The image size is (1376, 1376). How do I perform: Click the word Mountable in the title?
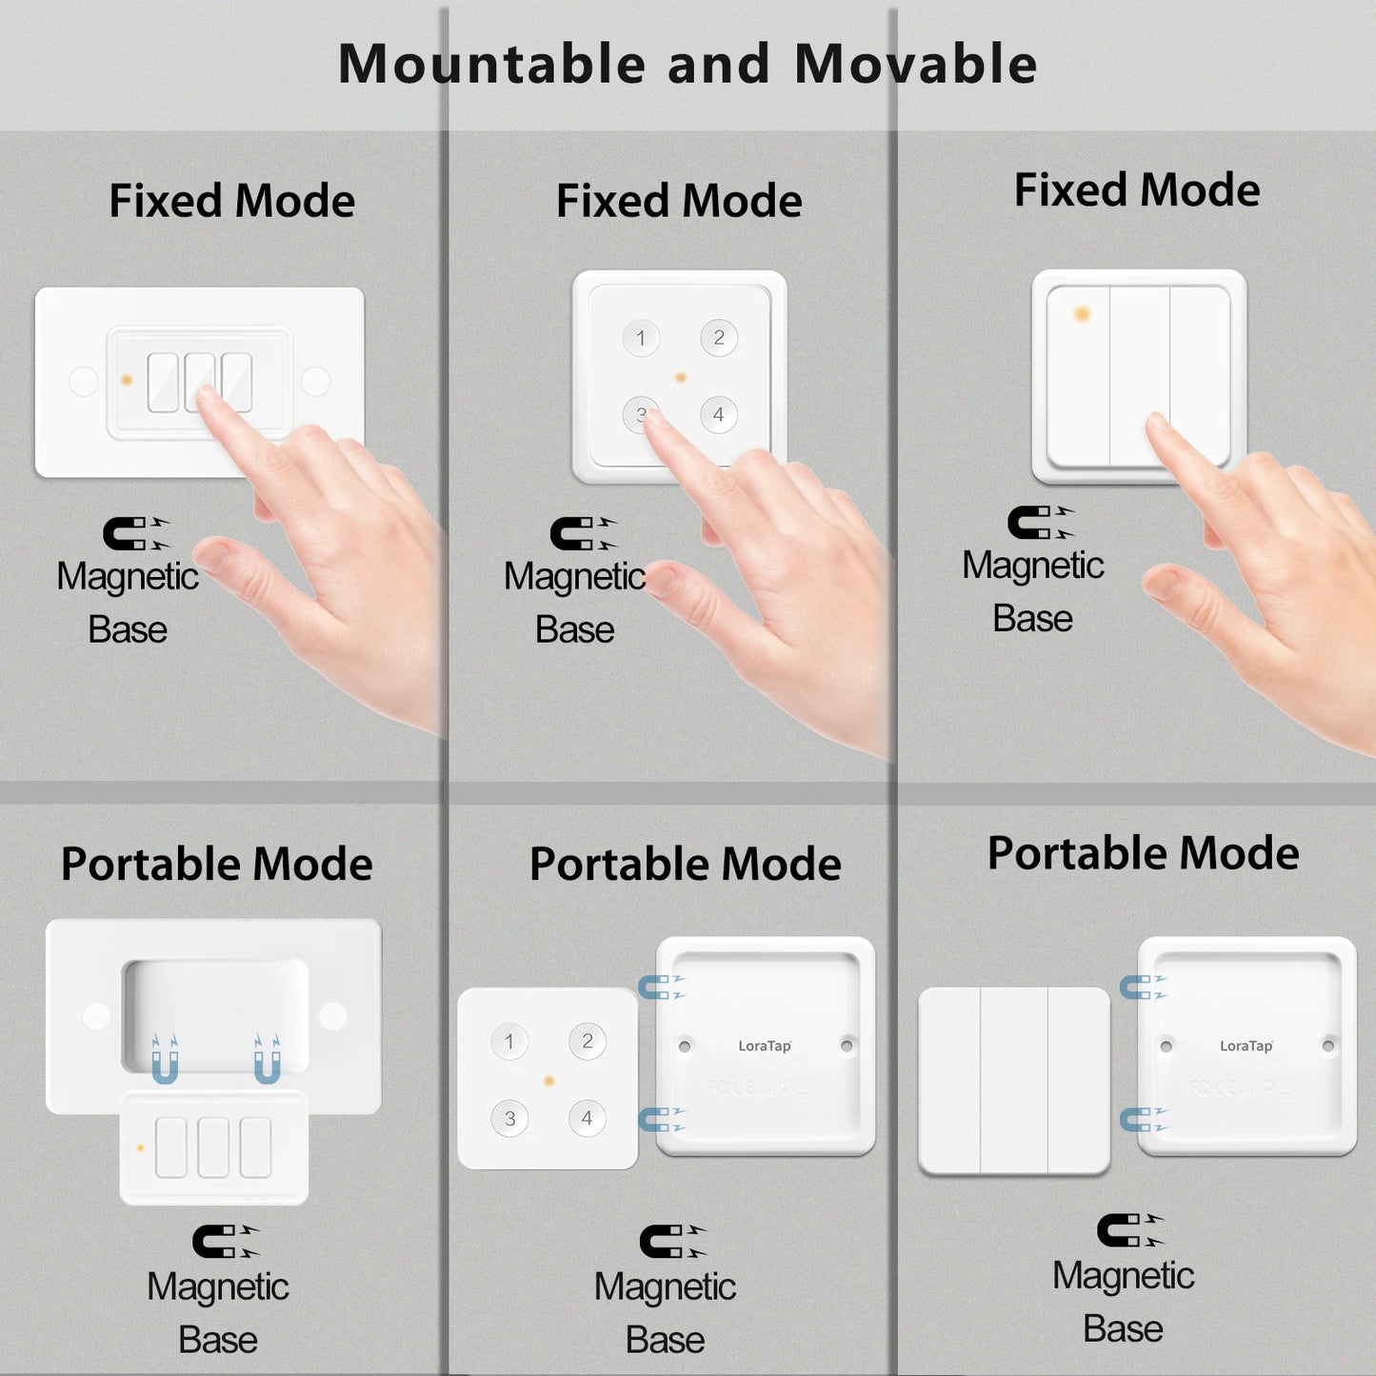492,65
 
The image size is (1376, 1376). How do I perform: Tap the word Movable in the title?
915,65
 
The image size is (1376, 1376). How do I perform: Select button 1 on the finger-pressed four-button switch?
641,338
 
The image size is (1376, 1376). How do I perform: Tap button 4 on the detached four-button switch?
587,1118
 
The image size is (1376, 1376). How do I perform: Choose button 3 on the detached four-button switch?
509,1118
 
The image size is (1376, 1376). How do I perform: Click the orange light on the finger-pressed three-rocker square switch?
1082,314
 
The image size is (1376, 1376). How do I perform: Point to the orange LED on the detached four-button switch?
548,1081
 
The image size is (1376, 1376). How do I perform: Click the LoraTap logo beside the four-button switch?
765,1046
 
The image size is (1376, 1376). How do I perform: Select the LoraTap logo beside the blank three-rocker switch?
1246,1046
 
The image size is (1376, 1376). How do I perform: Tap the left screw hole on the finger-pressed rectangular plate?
84,382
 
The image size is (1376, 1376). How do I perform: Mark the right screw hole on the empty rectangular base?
332,1016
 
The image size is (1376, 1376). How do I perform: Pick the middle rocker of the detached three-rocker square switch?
1014,1081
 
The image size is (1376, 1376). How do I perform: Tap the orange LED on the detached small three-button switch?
141,1148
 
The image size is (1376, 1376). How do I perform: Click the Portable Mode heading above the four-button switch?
685,864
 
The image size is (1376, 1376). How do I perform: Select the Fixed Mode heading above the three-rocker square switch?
1137,189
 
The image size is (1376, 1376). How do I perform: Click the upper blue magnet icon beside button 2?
660,987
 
